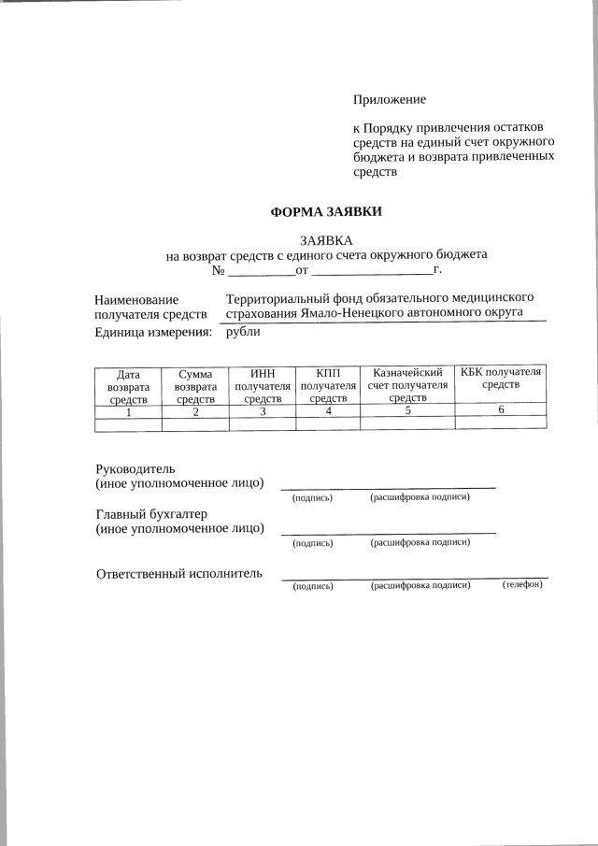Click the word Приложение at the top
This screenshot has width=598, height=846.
point(389,99)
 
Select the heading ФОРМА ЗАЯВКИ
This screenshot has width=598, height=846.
point(326,212)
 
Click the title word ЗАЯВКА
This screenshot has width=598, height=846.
point(326,240)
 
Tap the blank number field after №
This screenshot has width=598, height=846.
point(261,270)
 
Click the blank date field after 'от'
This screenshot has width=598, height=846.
point(372,270)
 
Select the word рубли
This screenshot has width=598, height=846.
point(244,332)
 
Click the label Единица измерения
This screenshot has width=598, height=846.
point(153,332)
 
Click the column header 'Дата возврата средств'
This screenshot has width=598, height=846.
point(128,386)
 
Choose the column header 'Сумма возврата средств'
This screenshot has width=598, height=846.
point(195,386)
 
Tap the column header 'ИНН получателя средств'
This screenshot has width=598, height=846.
point(263,386)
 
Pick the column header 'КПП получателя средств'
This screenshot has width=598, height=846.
point(328,386)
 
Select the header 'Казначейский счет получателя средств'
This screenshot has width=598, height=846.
point(407,386)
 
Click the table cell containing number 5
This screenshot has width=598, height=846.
point(407,410)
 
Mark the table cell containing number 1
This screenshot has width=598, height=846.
point(128,410)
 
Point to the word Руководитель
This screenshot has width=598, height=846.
point(135,467)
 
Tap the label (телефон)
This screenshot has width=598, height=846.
point(521,585)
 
